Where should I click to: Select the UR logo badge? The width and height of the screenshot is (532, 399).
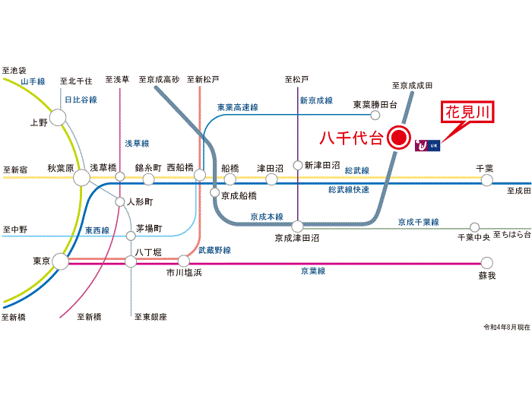[427, 145]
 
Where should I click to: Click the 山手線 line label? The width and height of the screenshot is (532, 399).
[33, 81]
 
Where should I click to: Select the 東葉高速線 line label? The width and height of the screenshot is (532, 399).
[238, 108]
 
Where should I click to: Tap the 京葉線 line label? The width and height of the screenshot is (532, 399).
[313, 271]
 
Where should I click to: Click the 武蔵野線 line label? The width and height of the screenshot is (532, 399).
[215, 250]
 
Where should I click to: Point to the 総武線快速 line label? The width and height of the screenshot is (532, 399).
[349, 190]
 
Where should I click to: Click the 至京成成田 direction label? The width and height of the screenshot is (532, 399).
[412, 85]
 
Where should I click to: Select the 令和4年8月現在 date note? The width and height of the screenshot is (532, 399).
[507, 328]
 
